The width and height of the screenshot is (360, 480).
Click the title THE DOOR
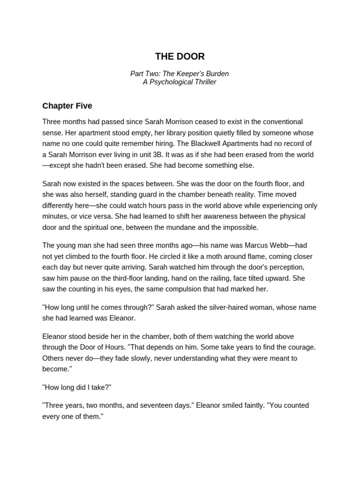pos(180,57)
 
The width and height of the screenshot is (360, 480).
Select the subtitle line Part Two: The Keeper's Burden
pos(180,74)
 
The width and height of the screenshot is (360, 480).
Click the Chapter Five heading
pos(67,106)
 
